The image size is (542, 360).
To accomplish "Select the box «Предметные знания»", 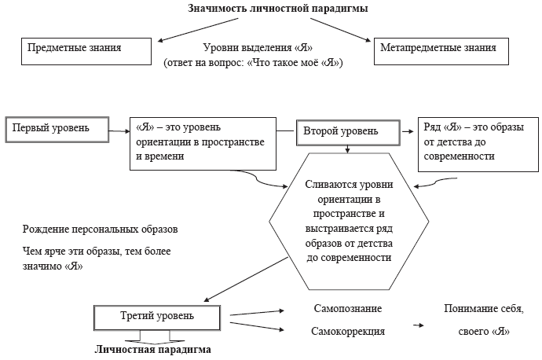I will (x=86, y=49).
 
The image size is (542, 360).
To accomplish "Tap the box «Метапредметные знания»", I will (x=438, y=49).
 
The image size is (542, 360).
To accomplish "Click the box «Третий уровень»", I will (x=158, y=318).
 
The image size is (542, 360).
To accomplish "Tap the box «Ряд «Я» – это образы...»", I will (x=474, y=142).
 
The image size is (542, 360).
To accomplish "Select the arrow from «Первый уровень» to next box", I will (x=117, y=128).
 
